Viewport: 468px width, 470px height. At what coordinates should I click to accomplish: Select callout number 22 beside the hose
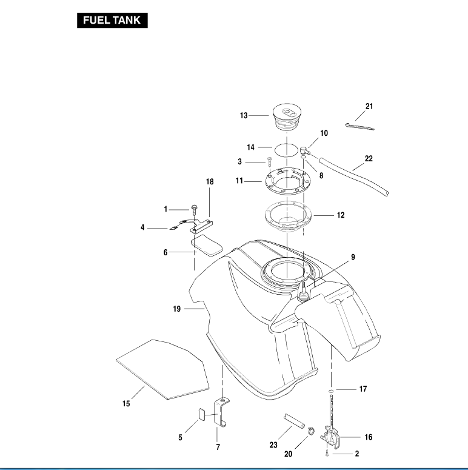(x=369, y=159)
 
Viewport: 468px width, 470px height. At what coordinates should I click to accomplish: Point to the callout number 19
(x=176, y=309)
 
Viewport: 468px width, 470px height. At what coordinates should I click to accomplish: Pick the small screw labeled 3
(x=267, y=162)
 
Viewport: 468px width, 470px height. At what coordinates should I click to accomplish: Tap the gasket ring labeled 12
(x=287, y=215)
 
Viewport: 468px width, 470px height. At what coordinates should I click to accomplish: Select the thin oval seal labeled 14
(x=287, y=147)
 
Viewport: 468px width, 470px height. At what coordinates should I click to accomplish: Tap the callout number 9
(x=353, y=257)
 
